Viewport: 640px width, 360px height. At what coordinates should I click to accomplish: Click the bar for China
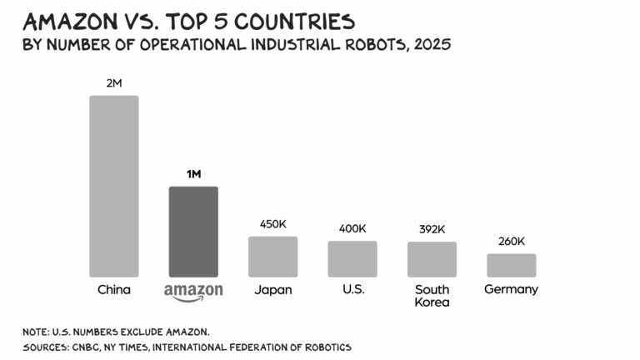coord(114,186)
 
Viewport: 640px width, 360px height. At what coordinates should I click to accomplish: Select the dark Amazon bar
coord(193,231)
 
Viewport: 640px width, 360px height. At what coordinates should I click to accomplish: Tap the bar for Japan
coord(272,256)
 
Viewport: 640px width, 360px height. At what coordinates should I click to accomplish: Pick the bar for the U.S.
coord(352,258)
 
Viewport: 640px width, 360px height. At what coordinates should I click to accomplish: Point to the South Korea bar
coord(432,259)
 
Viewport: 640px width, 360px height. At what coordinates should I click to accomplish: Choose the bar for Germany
coord(511,265)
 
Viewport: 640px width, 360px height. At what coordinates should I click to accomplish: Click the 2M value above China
coord(114,83)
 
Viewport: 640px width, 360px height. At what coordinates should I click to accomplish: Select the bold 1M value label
coord(193,174)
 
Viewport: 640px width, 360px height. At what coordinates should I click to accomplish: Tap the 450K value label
coord(272,224)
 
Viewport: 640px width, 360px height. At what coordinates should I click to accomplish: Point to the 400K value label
coord(352,228)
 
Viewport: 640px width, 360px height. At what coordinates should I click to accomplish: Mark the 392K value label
coord(432,229)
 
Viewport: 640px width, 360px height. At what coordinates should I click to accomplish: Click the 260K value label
coord(511,241)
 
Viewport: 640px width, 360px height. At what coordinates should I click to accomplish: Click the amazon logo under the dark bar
coord(193,292)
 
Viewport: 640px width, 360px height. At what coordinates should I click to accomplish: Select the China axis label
coord(114,290)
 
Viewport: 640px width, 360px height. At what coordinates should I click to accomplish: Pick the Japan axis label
coord(272,290)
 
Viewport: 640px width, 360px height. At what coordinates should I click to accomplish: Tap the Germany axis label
coord(511,289)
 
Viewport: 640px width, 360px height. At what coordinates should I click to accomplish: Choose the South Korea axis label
coord(432,296)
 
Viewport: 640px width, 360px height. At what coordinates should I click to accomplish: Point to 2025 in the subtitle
coord(429,44)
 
